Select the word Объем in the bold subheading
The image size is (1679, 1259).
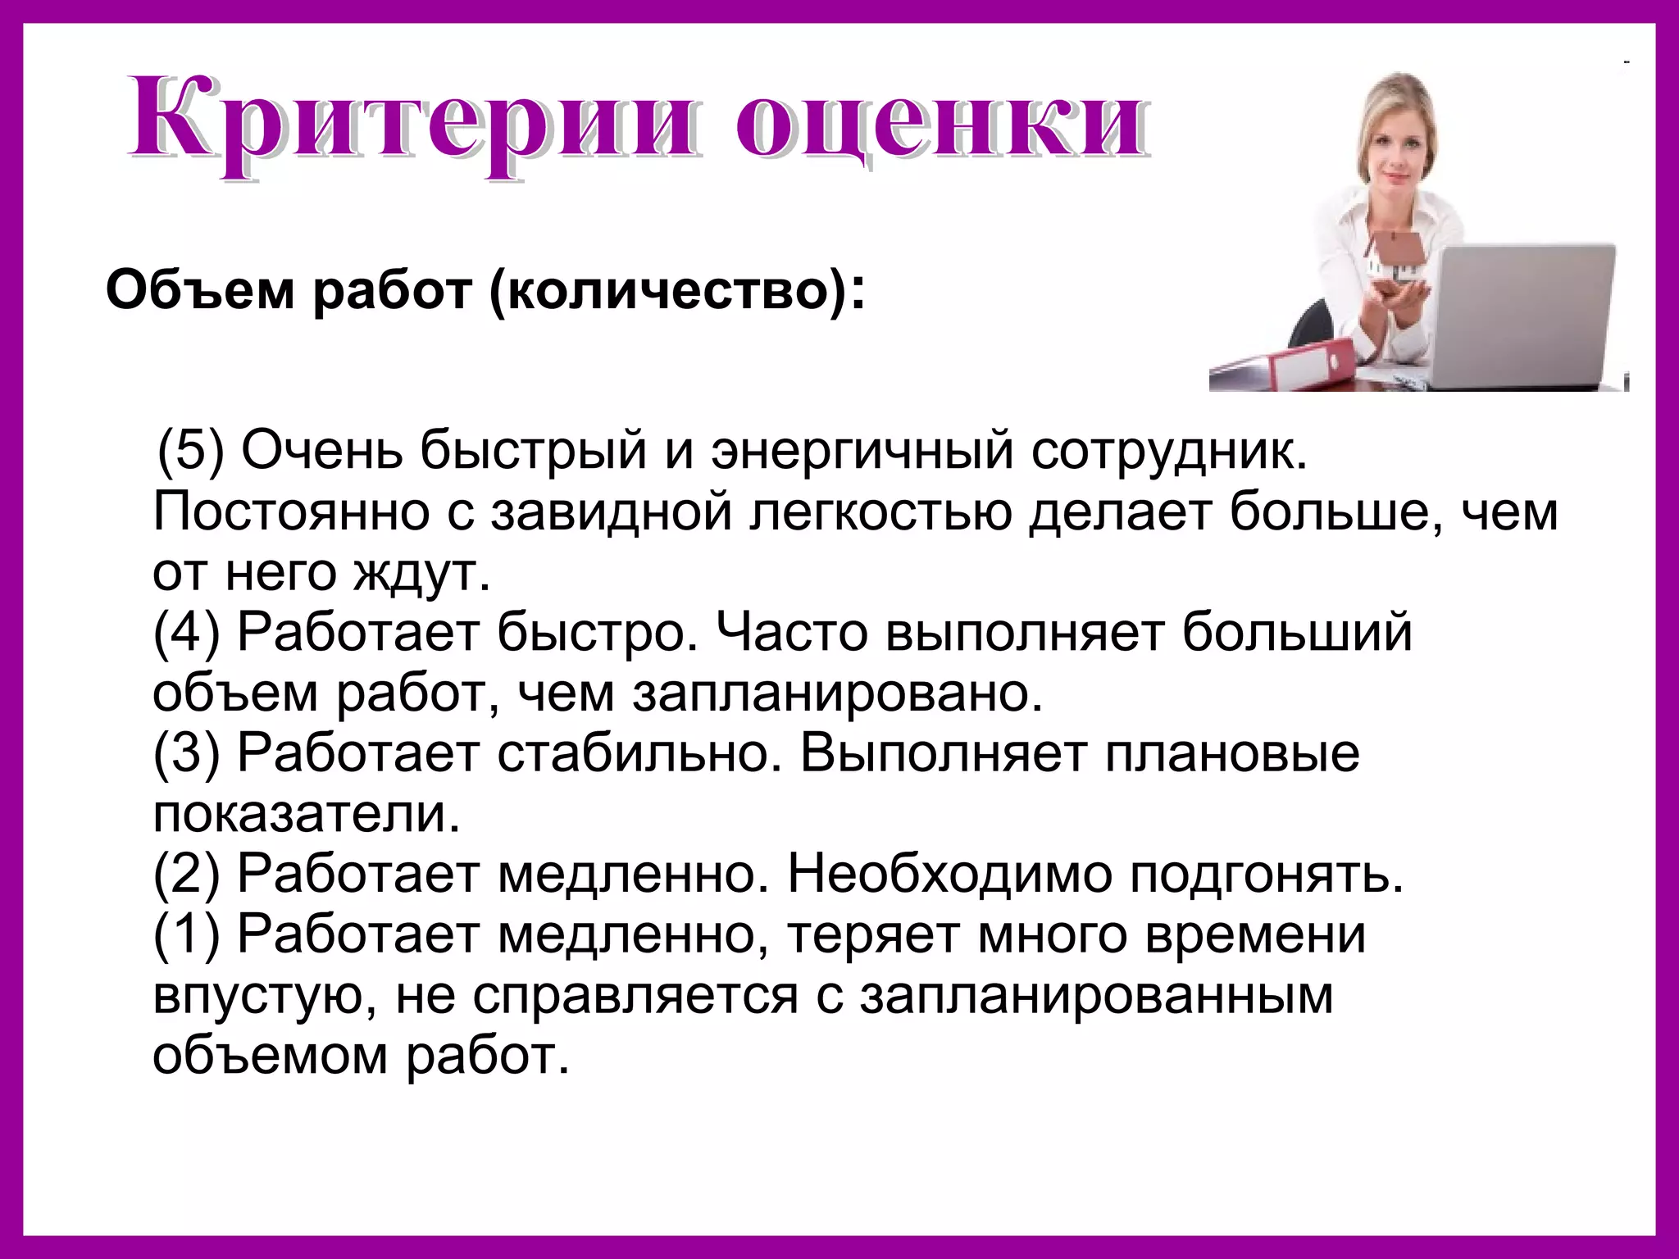tap(199, 290)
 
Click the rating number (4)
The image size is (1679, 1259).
tap(187, 633)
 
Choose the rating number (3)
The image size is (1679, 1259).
tap(187, 753)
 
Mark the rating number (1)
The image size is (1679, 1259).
tap(187, 934)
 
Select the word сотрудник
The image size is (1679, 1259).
tap(1169, 450)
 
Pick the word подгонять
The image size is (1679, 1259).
tap(1267, 875)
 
